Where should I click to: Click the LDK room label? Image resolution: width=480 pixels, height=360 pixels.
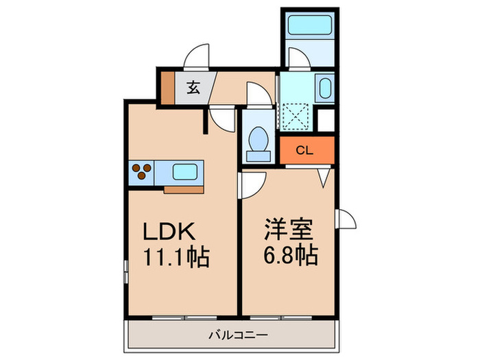tap(169, 231)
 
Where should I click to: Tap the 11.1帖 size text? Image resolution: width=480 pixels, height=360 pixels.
tap(176, 257)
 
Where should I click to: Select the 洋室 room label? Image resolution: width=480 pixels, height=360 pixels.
tap(289, 229)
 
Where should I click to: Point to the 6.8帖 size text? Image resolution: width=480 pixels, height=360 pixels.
tap(291, 254)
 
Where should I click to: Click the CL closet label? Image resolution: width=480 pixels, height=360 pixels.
tap(304, 150)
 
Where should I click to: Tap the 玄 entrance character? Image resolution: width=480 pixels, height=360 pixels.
tap(193, 87)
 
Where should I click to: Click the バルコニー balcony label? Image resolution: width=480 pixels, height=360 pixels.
tap(238, 335)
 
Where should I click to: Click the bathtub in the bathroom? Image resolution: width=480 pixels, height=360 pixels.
tap(310, 25)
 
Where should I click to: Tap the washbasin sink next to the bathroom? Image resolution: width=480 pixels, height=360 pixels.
tap(325, 88)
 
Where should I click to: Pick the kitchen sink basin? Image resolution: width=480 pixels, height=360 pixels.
tap(184, 172)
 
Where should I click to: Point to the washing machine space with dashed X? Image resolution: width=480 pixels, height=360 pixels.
tap(295, 117)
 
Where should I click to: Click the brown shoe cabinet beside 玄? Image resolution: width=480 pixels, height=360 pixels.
tap(168, 88)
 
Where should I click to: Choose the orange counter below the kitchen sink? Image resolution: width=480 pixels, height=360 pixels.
tap(184, 190)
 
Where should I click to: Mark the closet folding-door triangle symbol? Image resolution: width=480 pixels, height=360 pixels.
tap(324, 178)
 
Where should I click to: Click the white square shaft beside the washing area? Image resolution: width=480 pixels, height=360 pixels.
tap(326, 120)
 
